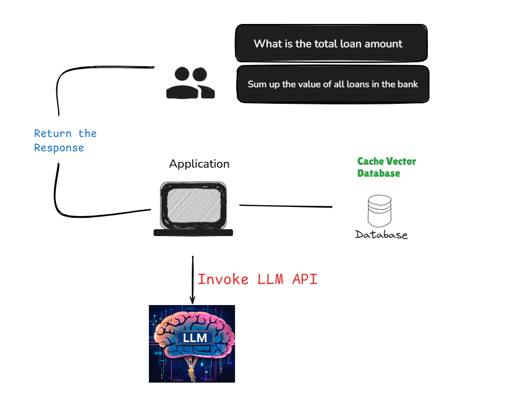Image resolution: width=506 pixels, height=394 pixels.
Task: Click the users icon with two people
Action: tap(191, 83)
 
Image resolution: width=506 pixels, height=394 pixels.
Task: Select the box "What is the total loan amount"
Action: tap(331, 43)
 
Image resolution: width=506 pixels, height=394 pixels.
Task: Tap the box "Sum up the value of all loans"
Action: tap(333, 84)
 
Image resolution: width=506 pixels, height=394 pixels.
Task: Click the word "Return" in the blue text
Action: tap(53, 133)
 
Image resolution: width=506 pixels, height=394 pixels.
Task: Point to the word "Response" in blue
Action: tap(59, 148)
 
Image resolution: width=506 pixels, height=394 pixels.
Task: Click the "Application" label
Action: tap(199, 164)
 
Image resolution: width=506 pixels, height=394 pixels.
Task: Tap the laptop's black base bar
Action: tap(193, 232)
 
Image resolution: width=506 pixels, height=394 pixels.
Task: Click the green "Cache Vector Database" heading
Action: tap(386, 167)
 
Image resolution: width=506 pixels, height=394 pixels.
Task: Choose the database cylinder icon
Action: tap(380, 211)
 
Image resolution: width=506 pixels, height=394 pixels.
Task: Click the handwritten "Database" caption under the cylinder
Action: tap(381, 235)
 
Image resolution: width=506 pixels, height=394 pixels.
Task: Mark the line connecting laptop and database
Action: tap(285, 205)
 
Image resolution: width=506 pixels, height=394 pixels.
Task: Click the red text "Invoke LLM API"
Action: tap(257, 279)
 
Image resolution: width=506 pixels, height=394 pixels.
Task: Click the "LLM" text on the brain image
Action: tap(195, 338)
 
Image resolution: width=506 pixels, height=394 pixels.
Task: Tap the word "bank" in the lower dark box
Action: tap(407, 84)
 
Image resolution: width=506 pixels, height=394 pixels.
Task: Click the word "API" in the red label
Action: tap(305, 279)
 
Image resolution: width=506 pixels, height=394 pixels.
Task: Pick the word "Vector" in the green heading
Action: tap(402, 161)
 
